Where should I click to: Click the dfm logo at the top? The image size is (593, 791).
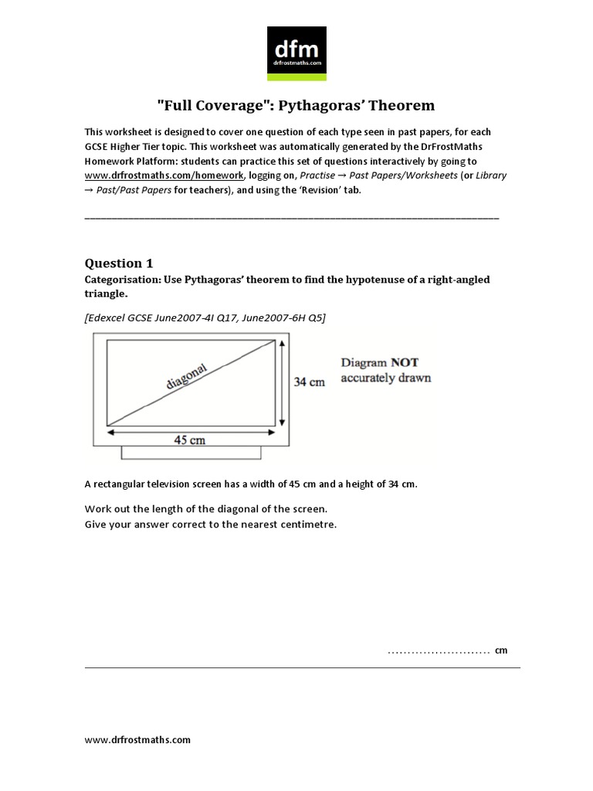(x=296, y=53)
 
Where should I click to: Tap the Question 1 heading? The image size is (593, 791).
(x=118, y=263)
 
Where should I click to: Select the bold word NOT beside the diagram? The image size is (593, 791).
(x=402, y=362)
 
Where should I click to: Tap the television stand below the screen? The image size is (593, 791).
(x=189, y=453)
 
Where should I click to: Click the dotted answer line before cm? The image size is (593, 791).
(x=439, y=651)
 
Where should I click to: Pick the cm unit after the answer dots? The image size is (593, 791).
(x=502, y=650)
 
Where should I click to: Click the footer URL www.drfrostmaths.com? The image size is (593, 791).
(x=137, y=739)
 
